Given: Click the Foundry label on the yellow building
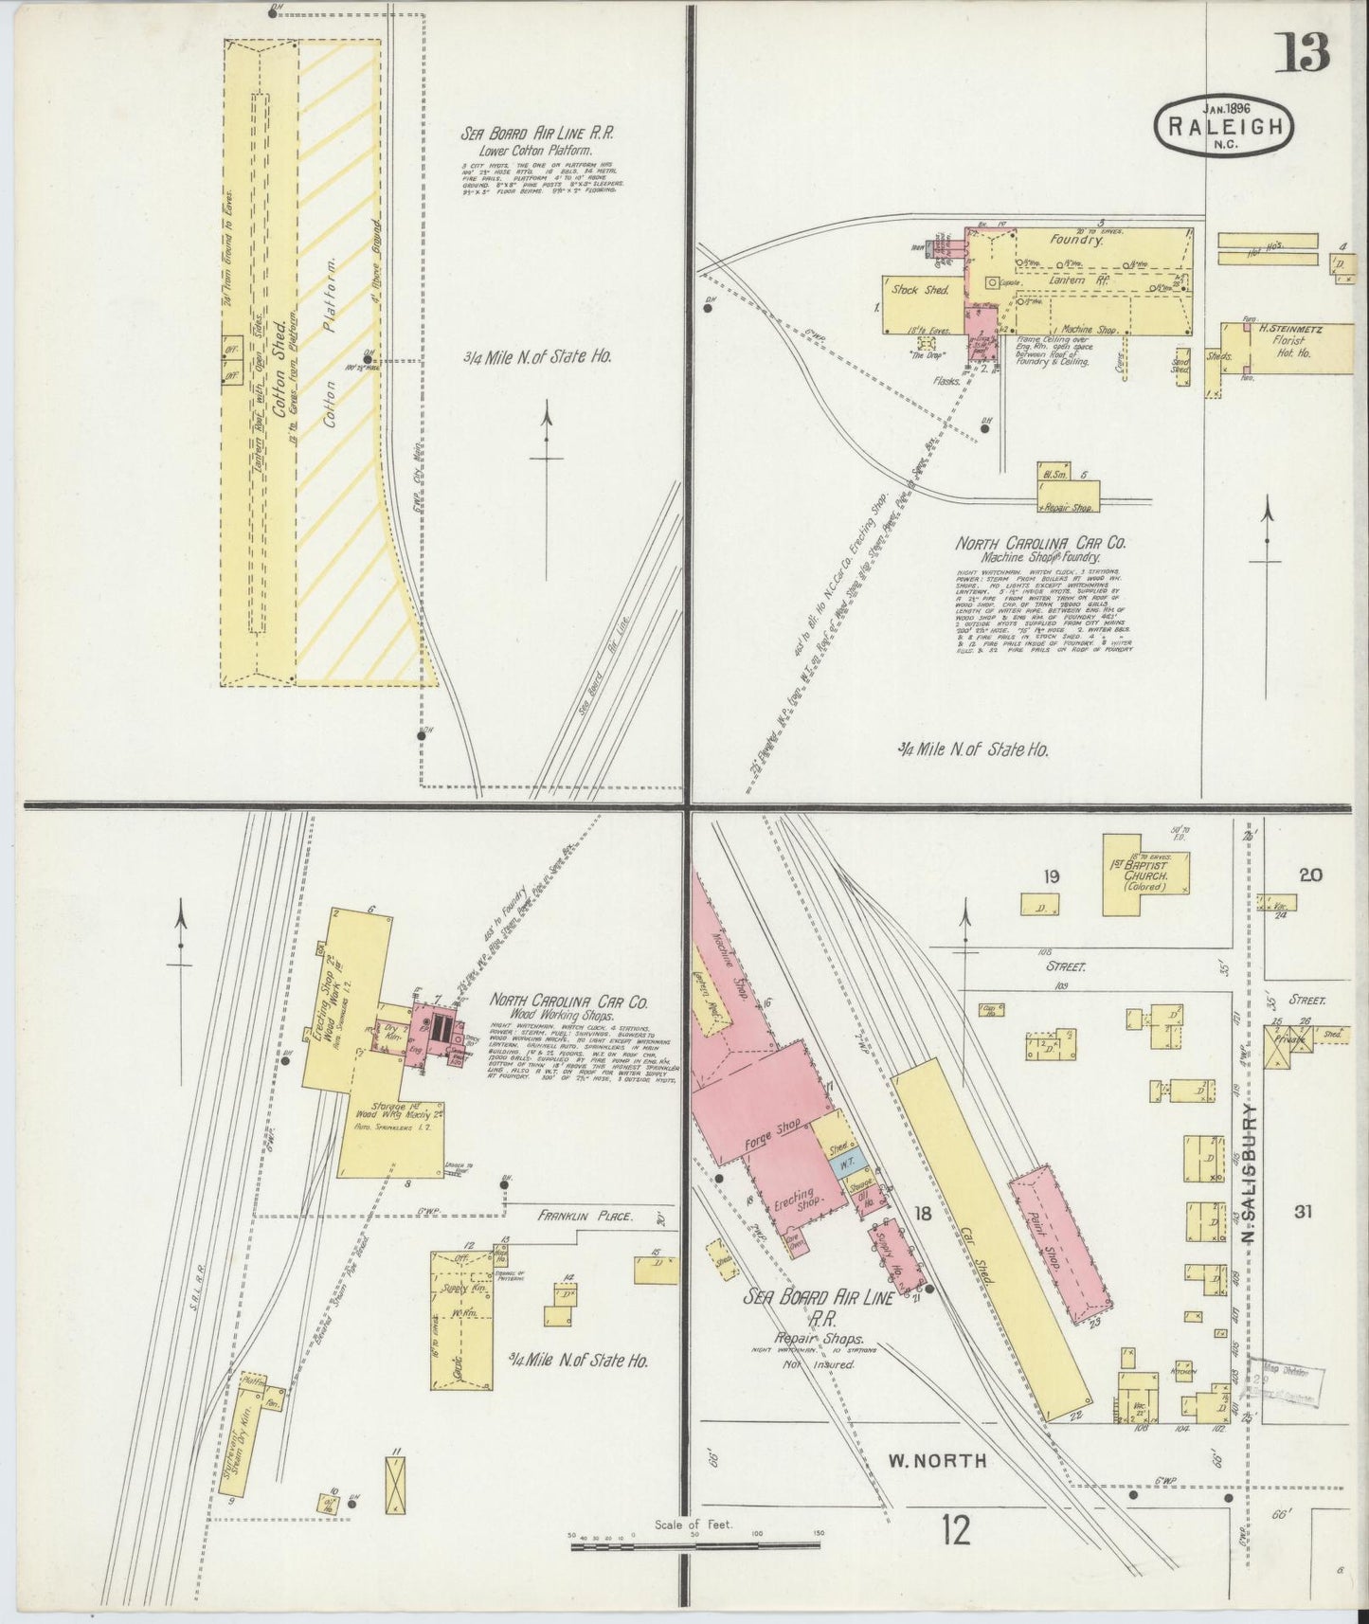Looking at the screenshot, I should [x=1075, y=241].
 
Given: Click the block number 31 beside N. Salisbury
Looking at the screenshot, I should [x=1303, y=1211].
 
